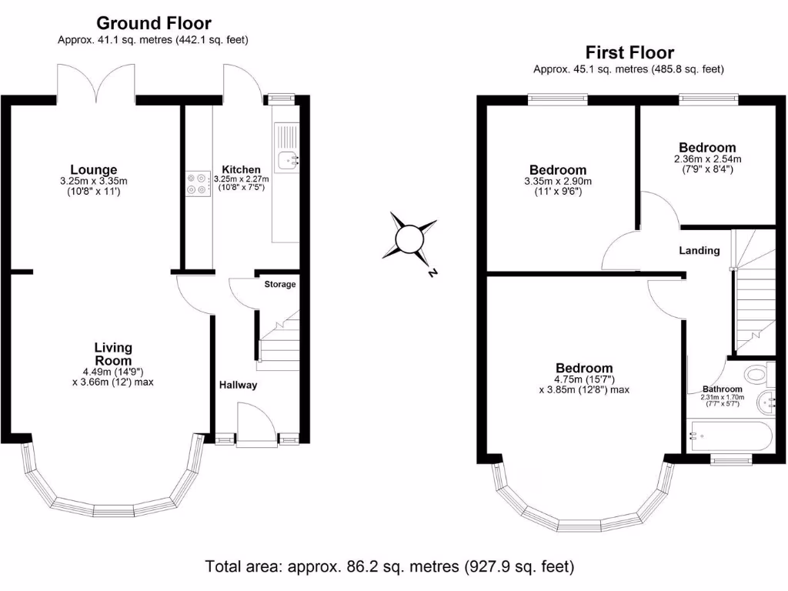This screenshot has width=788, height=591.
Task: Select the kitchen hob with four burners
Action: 196,182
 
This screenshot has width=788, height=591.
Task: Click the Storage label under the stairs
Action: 280,284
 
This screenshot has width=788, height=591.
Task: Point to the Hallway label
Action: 238,385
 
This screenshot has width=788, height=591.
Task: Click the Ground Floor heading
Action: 153,24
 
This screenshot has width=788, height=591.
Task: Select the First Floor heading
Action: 629,52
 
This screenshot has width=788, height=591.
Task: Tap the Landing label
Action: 699,250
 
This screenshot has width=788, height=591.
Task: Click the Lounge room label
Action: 94,169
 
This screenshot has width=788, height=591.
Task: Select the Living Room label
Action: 113,354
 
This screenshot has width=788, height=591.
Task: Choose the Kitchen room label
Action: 241,169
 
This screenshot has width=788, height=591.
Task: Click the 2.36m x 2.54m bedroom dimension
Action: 706,160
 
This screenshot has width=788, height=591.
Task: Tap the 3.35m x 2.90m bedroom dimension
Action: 558,182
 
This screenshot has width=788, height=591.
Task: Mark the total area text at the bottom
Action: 389,567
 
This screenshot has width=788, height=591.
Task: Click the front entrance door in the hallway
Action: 257,424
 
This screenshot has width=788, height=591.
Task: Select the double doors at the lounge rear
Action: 96,85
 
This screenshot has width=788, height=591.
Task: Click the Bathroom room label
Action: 721,389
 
